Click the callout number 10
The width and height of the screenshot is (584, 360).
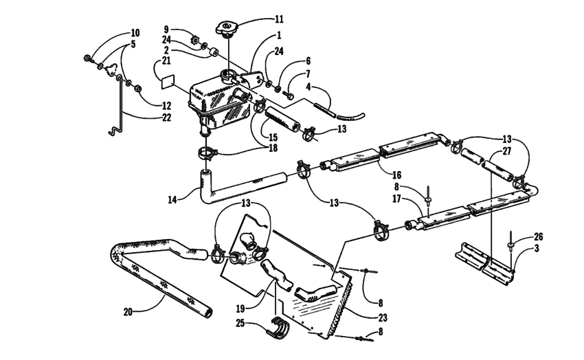135,33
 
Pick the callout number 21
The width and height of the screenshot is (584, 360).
166,62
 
